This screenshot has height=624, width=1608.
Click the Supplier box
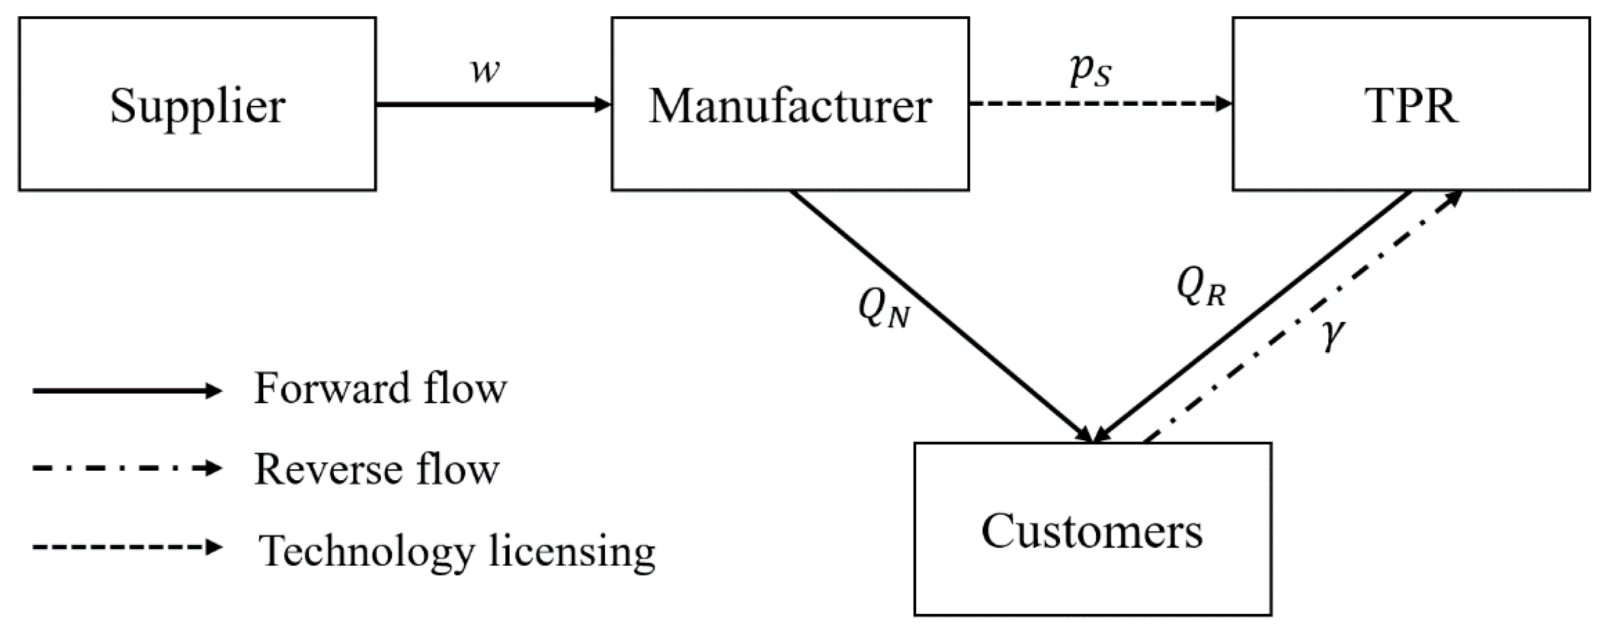(197, 104)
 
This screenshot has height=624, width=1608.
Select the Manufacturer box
(790, 104)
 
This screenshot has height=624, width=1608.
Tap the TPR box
(1411, 104)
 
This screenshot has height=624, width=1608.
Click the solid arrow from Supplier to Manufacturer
(493, 104)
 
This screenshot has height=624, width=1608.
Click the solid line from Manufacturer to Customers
(943, 317)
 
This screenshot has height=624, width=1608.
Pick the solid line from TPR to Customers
(1254, 317)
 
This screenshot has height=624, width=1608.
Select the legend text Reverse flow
(376, 469)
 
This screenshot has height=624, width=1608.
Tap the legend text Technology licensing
(457, 551)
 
